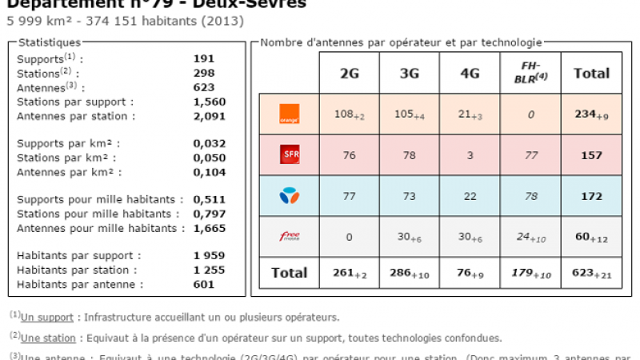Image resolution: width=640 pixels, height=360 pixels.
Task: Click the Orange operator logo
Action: pos(289,114)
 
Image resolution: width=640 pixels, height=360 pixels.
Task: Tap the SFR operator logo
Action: pos(289,155)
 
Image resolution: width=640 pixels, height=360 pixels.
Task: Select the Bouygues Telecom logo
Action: pos(289,196)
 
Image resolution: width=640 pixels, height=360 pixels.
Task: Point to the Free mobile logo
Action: pos(289,236)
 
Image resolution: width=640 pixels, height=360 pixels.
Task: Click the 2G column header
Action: pos(350,74)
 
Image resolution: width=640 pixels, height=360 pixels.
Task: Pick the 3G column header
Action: pos(410,74)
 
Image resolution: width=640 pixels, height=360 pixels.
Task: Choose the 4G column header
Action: pos(470,74)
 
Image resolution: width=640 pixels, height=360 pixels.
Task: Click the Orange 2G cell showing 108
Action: pos(349,114)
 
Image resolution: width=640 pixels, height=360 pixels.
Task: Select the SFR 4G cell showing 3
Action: pos(470,155)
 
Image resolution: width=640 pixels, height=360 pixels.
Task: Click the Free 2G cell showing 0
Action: pos(350,236)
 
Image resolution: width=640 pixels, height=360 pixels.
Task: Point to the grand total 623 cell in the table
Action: pos(591,273)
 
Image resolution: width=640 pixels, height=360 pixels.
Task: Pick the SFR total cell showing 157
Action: pos(591,155)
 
